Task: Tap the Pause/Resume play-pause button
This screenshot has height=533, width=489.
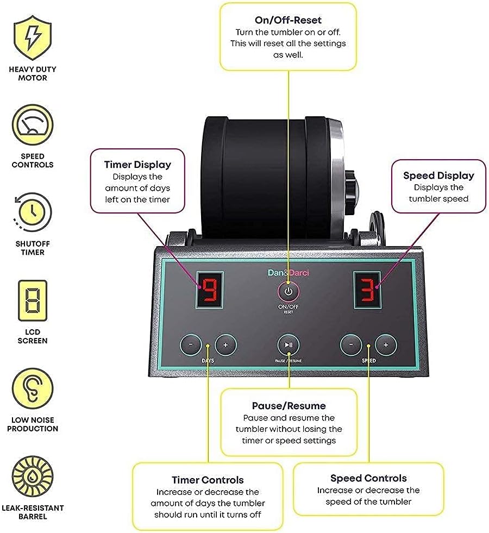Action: (289, 344)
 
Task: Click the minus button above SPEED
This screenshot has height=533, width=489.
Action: (351, 344)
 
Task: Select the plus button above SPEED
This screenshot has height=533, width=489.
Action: (386, 344)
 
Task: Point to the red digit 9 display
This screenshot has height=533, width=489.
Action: (209, 289)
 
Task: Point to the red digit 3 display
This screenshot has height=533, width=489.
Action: (367, 289)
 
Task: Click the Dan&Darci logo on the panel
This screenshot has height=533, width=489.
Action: (288, 273)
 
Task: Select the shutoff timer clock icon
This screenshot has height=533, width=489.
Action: (33, 212)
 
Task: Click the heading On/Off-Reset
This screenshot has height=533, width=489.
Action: (288, 20)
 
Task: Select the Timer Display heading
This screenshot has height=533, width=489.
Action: (137, 165)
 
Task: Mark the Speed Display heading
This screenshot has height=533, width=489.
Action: (438, 175)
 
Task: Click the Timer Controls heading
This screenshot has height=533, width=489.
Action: (208, 480)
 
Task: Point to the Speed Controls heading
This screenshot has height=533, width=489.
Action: (368, 478)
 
